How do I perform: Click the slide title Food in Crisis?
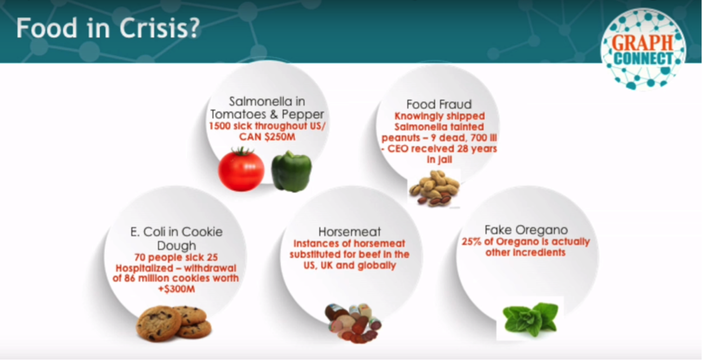pos(108,28)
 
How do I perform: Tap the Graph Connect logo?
pos(643,50)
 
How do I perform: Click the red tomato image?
pos(241,169)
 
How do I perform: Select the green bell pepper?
pos(291,171)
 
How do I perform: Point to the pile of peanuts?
pos(435,188)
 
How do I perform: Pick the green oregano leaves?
pos(530,319)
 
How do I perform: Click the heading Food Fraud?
pos(439,104)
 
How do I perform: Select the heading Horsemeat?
pos(350,232)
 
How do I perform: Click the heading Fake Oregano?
pos(526,230)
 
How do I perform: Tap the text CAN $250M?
pos(267,137)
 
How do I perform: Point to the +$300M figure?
pos(176,289)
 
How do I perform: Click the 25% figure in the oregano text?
pos(472,242)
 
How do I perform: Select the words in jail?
pos(439,160)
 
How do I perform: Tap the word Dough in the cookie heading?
pos(176,246)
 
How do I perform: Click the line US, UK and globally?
pos(350,266)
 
